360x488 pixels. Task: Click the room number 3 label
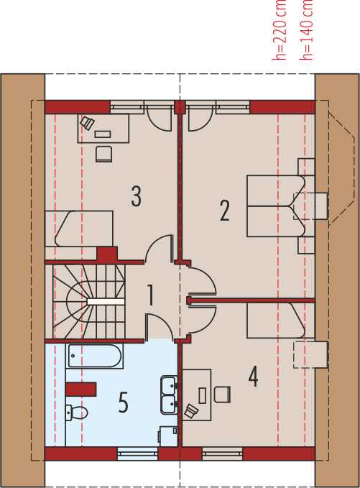[136, 196]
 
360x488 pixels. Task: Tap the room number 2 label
[225, 211]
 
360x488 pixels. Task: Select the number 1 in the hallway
[151, 295]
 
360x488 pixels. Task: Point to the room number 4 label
[253, 377]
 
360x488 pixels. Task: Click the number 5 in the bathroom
[123, 402]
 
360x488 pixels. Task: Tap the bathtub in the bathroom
[94, 356]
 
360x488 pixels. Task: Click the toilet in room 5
[77, 413]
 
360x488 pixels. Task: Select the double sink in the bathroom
[170, 395]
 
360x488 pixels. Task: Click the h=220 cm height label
[279, 30]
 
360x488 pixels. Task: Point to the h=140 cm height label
[306, 30]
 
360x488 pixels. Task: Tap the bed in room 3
[79, 229]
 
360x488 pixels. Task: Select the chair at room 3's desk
[104, 154]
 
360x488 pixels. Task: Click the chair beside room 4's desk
[222, 395]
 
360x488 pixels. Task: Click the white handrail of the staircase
[106, 302]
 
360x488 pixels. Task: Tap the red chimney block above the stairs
[107, 254]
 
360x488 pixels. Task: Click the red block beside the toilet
[81, 390]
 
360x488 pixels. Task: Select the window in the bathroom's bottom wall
[138, 454]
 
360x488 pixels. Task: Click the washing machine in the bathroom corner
[168, 436]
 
